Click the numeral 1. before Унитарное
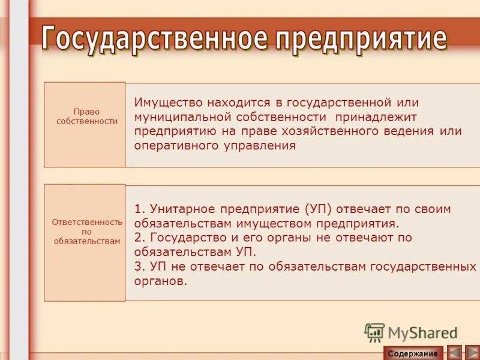coord(139,209)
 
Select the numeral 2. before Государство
coord(139,238)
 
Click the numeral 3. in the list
coord(139,266)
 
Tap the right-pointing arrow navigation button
coord(472,353)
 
